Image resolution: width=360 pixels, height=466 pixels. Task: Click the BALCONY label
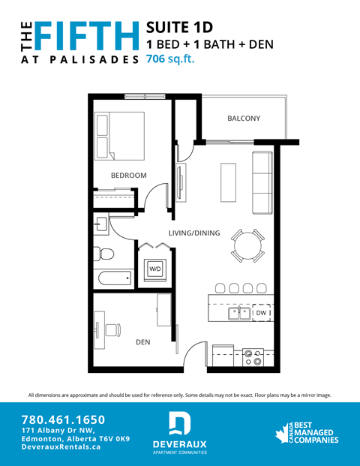pos(243,119)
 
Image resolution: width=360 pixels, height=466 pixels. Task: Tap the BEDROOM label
pos(128,176)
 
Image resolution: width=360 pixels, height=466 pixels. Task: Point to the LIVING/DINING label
pos(193,233)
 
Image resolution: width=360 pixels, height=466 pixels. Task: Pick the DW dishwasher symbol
pos(261,312)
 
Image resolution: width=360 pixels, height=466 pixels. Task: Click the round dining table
pos(247,245)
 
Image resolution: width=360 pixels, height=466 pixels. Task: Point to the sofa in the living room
pos(262,182)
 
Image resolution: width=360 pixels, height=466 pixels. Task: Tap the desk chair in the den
pos(113,328)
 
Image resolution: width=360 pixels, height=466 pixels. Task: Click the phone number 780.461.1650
pos(63,419)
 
